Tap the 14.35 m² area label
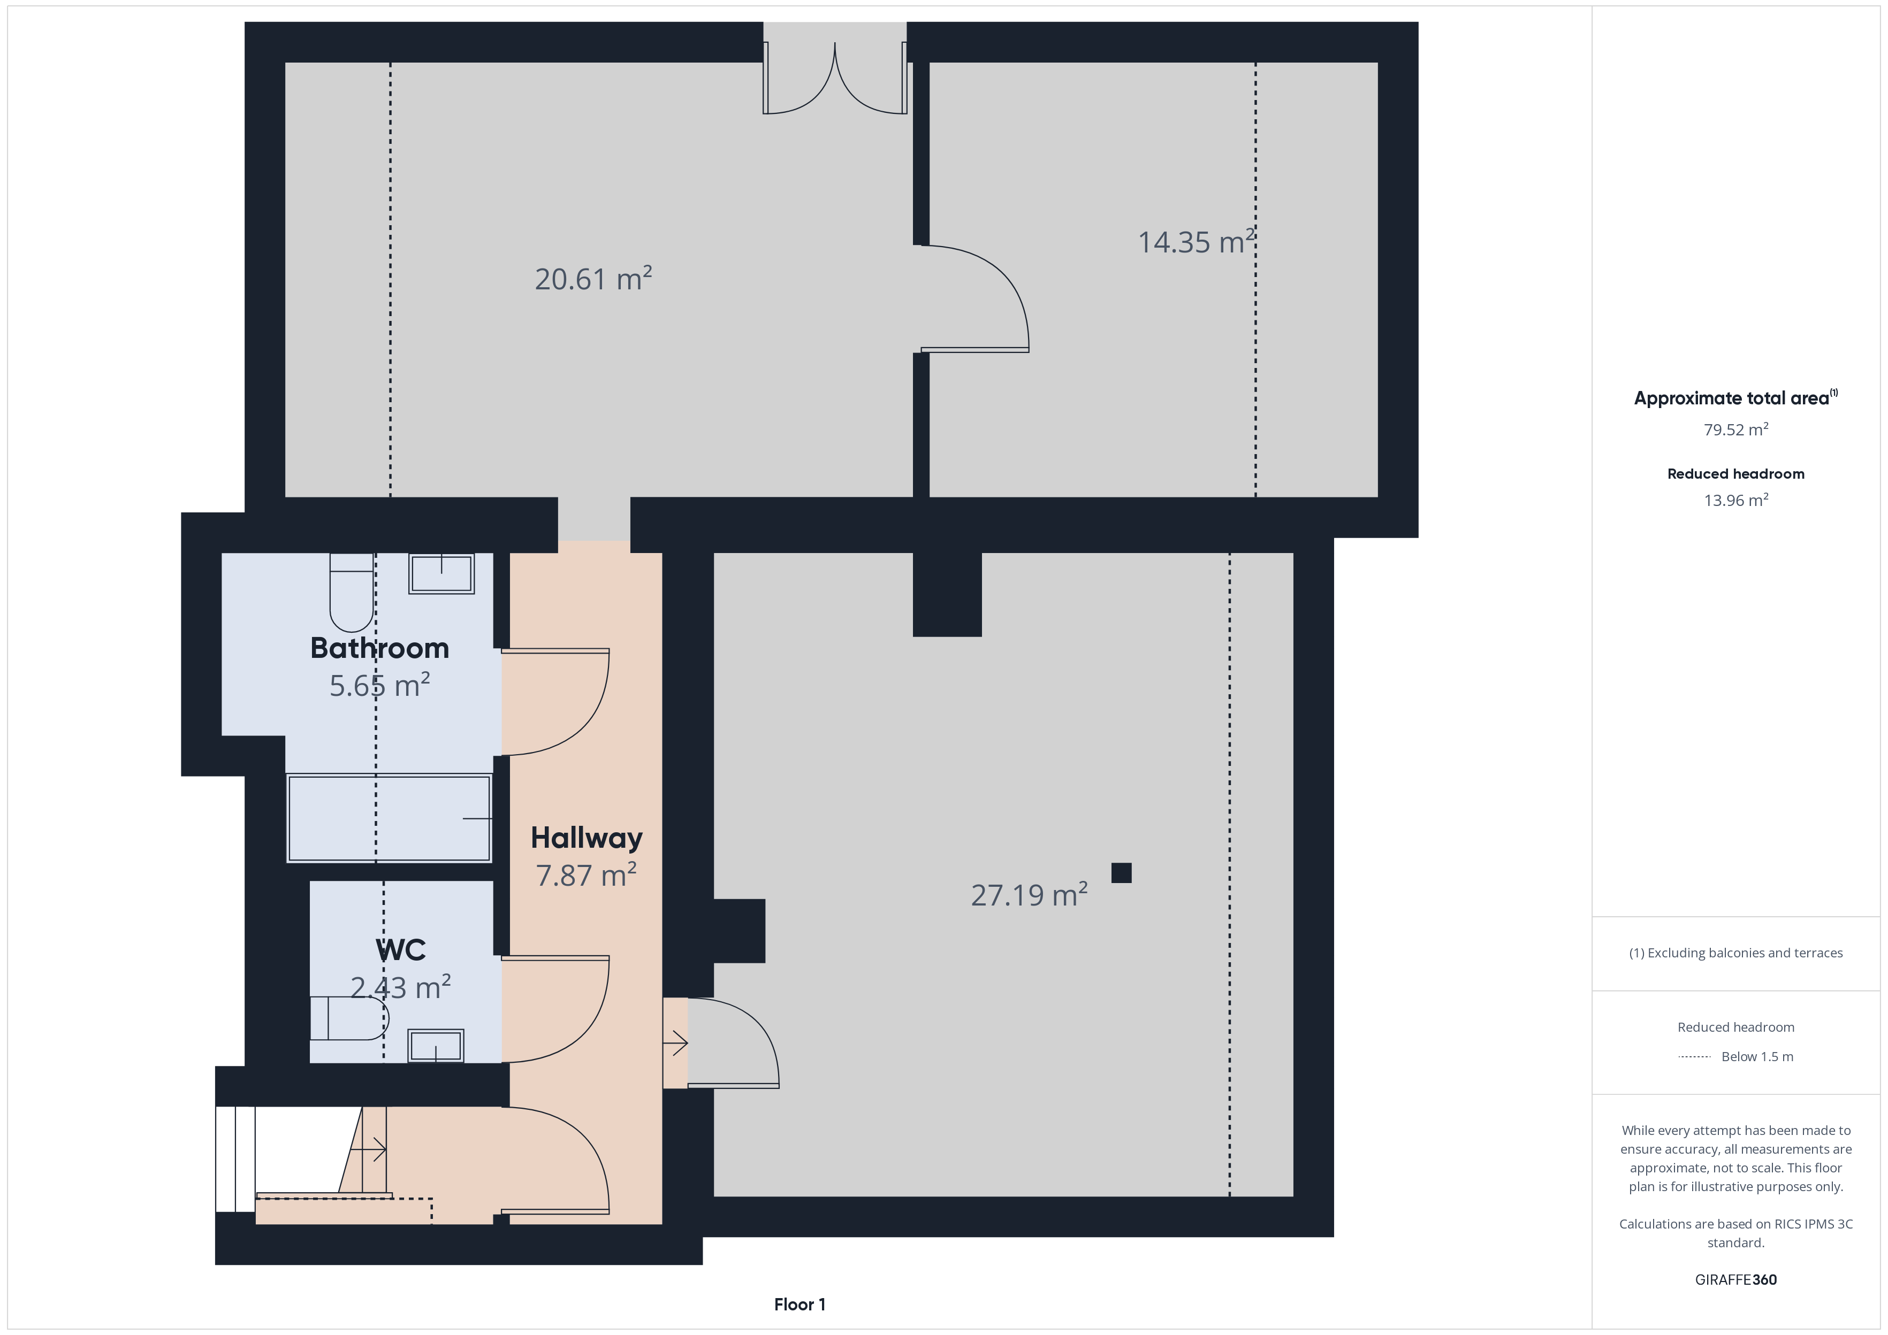click(1197, 242)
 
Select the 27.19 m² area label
click(1030, 894)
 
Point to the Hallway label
click(587, 838)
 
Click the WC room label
click(400, 949)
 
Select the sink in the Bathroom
click(441, 573)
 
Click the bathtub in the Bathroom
click(389, 818)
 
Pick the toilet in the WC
click(349, 1018)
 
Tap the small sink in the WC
click(436, 1046)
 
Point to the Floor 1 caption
click(800, 1305)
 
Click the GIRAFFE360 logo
click(1736, 1279)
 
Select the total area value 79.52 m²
click(1736, 429)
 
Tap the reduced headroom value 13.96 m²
click(1736, 500)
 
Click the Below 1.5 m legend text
click(1757, 1056)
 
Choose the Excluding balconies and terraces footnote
click(1736, 953)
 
